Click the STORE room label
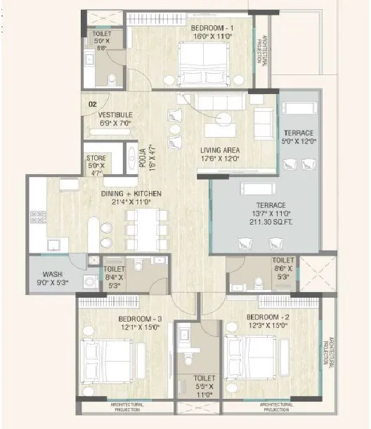point(96,159)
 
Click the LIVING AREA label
point(221,150)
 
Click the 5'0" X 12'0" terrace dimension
point(299,141)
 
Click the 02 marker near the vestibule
point(92,104)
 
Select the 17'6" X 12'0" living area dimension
point(221,158)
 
